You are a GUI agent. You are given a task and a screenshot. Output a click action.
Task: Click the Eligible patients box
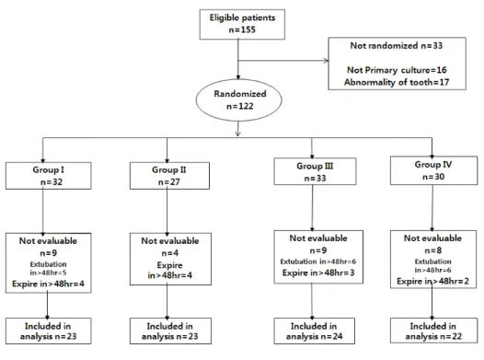242,24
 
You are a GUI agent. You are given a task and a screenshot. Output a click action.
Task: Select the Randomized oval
238,100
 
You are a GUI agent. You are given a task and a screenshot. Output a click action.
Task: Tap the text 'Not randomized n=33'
397,46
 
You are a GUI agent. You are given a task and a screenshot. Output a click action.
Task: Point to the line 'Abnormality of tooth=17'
397,82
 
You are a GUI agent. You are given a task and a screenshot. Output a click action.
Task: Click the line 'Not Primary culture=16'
397,70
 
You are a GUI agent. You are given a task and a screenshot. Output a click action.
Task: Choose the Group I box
49,176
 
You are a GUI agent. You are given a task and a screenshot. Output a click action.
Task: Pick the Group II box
169,176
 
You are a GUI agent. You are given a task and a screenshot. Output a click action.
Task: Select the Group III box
315,171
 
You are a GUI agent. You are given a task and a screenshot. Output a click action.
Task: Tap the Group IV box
433,170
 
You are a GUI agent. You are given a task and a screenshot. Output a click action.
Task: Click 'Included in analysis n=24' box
314,331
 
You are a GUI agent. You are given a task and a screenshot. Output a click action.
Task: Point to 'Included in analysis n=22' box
433,331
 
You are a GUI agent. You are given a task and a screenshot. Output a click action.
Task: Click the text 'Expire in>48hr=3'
318,273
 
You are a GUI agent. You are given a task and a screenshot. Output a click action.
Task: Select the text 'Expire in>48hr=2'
432,281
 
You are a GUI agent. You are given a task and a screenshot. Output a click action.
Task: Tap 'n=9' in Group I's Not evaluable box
49,253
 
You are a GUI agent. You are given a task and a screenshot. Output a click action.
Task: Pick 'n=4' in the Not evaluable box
170,253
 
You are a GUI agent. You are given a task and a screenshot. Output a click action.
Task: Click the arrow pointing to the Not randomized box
283,61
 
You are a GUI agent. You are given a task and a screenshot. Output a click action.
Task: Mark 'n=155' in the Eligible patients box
242,29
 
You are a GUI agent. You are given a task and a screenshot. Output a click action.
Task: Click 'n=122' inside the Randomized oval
240,106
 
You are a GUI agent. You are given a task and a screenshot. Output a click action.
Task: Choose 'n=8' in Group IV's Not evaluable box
433,250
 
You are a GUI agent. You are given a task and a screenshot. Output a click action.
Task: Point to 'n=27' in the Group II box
168,182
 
